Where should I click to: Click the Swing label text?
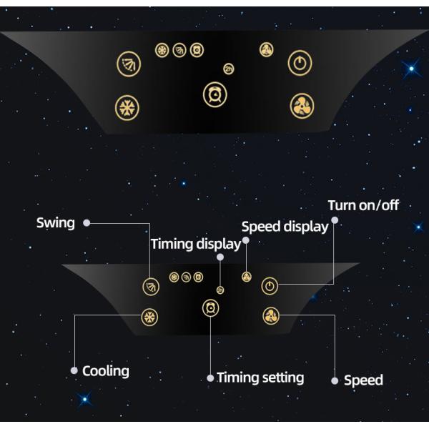(56, 222)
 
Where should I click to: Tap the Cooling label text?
(106, 371)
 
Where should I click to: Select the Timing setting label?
(260, 378)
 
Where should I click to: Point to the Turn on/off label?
(363, 206)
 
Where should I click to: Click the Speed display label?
(285, 227)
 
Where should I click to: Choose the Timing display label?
(192, 245)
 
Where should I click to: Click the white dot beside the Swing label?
(87, 222)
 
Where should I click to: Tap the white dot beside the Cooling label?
(74, 371)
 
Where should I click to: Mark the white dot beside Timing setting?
(210, 378)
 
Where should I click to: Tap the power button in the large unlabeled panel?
(300, 64)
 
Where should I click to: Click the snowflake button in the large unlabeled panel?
(127, 108)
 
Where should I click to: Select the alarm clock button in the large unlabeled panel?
(214, 94)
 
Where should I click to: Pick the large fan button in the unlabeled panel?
(302, 107)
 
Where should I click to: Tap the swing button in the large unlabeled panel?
(129, 64)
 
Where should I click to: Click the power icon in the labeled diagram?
(269, 287)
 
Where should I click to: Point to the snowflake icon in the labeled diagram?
(149, 317)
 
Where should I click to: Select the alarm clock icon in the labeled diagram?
(210, 308)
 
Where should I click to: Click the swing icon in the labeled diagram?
(150, 287)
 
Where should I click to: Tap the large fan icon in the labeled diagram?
(270, 315)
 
